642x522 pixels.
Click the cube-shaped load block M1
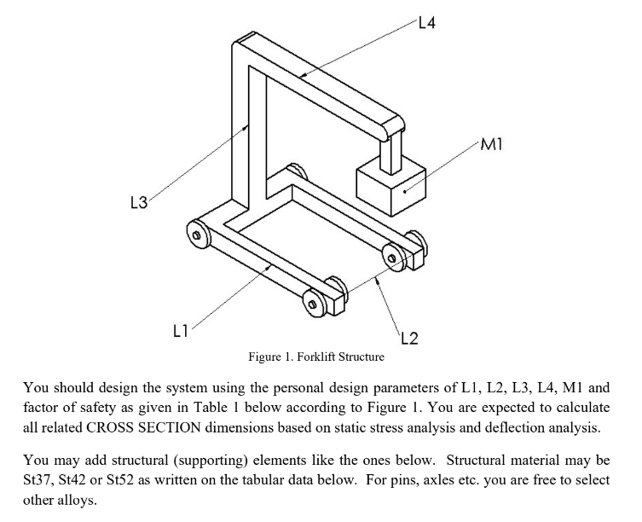tap(391, 185)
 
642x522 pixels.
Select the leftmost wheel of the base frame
tap(197, 232)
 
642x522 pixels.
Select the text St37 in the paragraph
tap(37, 480)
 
